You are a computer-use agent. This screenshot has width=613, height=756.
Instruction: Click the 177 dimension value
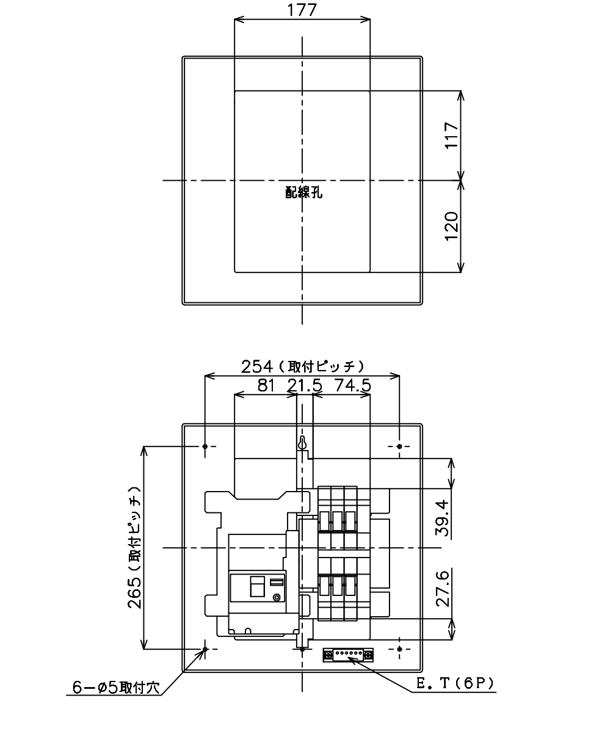point(301,10)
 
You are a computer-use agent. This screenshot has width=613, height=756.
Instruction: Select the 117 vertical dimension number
point(452,136)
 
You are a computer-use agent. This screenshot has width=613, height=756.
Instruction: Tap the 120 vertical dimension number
point(452,226)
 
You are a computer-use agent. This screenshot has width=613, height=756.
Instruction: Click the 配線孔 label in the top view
point(304,193)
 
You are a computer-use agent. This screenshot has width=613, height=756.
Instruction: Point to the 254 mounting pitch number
point(257,366)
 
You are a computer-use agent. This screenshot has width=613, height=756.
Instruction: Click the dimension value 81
point(266,385)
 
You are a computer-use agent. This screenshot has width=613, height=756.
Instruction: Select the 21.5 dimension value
point(305,385)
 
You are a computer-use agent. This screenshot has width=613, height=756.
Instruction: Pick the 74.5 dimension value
point(353,385)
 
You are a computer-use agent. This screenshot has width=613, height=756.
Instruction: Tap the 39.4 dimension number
point(443,518)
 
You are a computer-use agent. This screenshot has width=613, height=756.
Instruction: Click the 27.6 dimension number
point(443,589)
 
